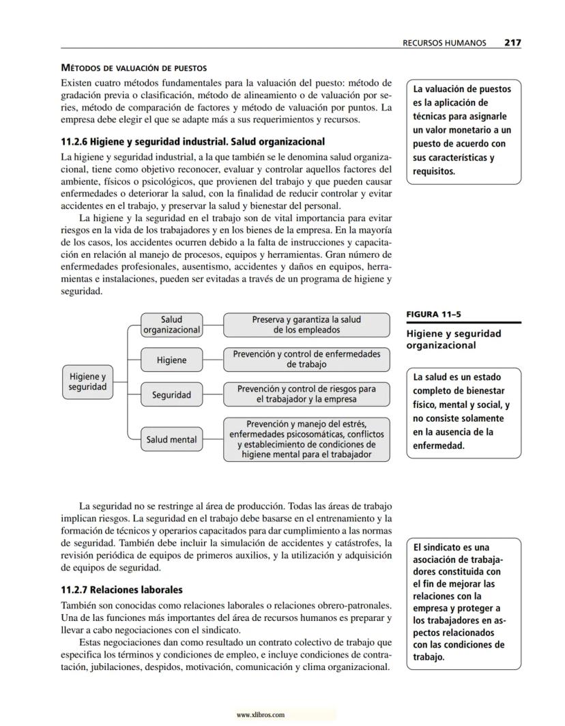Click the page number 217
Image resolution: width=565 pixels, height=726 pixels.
512,42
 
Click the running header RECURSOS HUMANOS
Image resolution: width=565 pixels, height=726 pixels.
444,42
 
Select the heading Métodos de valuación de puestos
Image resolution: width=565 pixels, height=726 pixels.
134,68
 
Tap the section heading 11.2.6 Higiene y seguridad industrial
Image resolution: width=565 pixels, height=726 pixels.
193,142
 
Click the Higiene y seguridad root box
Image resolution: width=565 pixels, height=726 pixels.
87,381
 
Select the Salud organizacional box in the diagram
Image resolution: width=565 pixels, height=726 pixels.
171,325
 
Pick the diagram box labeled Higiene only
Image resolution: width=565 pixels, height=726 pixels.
171,360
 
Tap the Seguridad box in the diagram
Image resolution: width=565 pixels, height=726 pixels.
171,395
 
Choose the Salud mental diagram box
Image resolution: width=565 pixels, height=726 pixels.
171,440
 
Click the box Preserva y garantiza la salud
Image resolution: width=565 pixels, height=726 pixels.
306,325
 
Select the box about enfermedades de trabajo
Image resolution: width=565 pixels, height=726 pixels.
306,360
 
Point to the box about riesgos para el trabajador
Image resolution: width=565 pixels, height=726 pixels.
306,394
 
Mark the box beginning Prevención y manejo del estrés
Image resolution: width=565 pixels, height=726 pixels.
306,439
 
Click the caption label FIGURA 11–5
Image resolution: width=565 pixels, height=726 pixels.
433,315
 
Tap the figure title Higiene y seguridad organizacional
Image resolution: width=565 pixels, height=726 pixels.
454,339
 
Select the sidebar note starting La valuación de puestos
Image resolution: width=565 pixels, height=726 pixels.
463,130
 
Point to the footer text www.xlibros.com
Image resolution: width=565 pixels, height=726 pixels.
260,715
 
